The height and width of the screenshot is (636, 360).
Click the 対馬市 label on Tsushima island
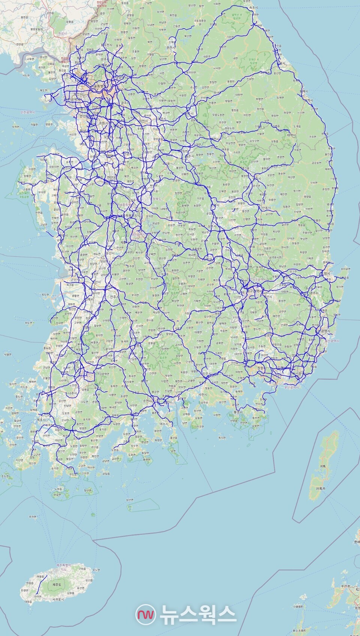(321, 489)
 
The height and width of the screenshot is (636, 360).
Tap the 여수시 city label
(164, 424)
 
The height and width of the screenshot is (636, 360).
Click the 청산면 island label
(88, 490)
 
